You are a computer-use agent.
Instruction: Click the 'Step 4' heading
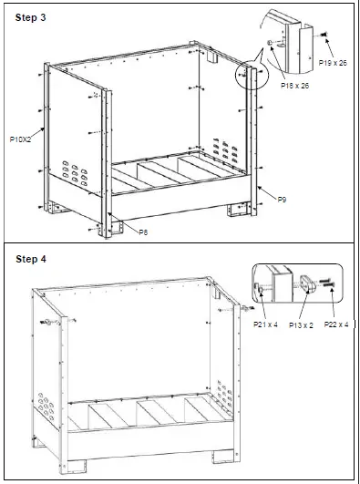coord(32,259)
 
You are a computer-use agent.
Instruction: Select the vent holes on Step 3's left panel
coord(70,170)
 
